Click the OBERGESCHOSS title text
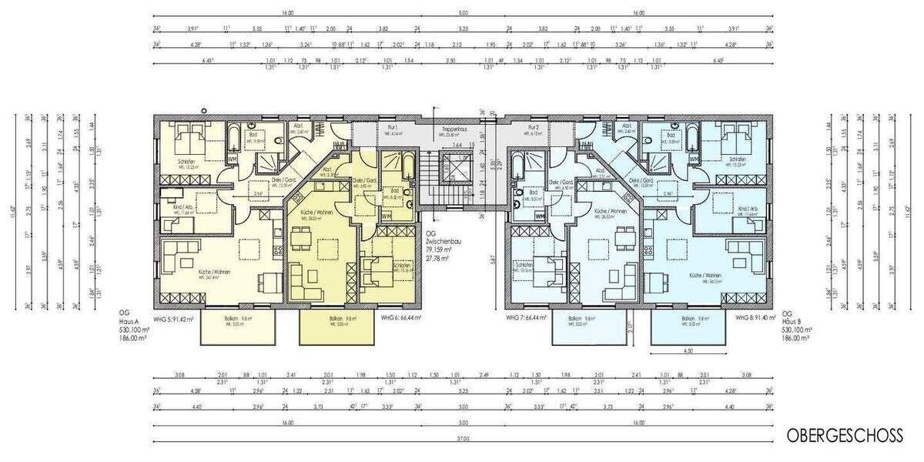click(844, 436)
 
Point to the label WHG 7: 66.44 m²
click(526, 317)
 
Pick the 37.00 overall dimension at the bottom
click(462, 440)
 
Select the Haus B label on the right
click(792, 321)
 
